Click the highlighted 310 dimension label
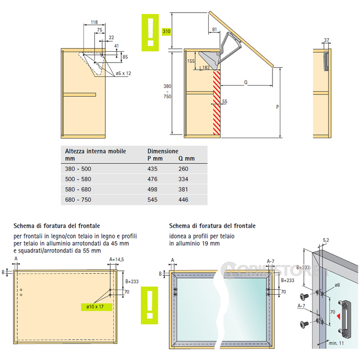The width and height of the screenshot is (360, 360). [x=166, y=31]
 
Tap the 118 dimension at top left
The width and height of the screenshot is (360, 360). [x=94, y=22]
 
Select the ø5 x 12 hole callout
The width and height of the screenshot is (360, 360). [x=123, y=73]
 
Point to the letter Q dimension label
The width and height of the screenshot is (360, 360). [x=246, y=82]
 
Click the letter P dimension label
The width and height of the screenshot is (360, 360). [x=277, y=107]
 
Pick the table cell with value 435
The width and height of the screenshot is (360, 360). [x=153, y=169]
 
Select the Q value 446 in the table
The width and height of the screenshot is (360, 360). [x=183, y=200]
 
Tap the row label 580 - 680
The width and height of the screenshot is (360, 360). [x=78, y=189]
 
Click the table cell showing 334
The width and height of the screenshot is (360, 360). [x=183, y=179]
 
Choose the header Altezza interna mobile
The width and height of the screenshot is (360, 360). [x=95, y=151]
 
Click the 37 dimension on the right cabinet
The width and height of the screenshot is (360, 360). [x=327, y=40]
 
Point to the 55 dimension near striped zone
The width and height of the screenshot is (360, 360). [x=225, y=101]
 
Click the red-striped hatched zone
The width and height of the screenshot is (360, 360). [x=217, y=103]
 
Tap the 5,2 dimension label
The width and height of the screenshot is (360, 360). [x=326, y=240]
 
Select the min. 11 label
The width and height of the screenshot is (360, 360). [x=336, y=343]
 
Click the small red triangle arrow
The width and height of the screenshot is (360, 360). [x=339, y=317]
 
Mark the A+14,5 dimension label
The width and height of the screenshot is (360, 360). [x=117, y=260]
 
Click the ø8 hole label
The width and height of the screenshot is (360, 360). [x=337, y=285]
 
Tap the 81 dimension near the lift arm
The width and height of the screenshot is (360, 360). [x=214, y=29]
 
